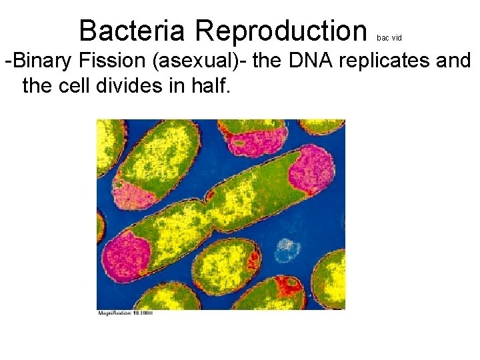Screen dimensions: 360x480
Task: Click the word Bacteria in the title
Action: coord(133,30)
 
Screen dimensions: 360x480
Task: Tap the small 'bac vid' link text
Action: coord(389,38)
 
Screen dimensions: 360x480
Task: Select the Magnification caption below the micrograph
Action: coord(125,312)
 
